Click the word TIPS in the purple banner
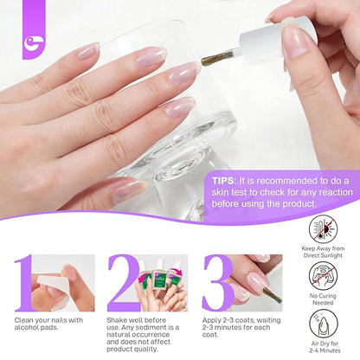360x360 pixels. (x=222, y=181)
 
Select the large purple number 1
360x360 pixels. (x=23, y=283)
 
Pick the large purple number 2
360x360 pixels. (x=124, y=283)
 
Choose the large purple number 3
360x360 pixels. (x=218, y=283)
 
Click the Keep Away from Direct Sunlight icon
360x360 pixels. (x=323, y=229)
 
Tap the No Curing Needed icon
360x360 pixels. (x=323, y=276)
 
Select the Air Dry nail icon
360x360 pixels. (x=323, y=324)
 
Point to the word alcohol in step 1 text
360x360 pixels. (x=25, y=327)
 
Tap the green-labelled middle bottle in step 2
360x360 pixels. (x=160, y=279)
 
